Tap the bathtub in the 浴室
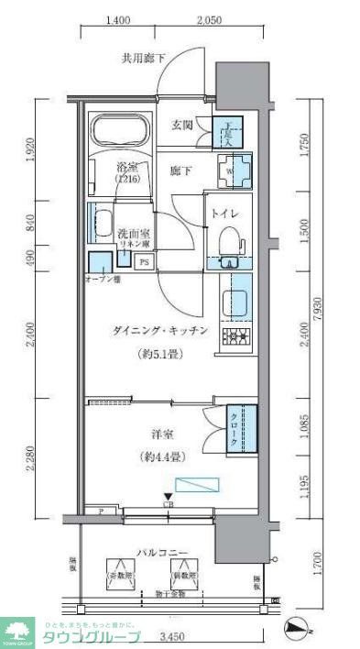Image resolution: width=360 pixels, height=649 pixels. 122,130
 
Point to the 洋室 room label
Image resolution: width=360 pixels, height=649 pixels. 162,434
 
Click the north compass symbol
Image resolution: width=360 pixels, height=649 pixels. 298,629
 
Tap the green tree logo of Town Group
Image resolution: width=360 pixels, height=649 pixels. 17,630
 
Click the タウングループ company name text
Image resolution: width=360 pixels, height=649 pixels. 92,637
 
